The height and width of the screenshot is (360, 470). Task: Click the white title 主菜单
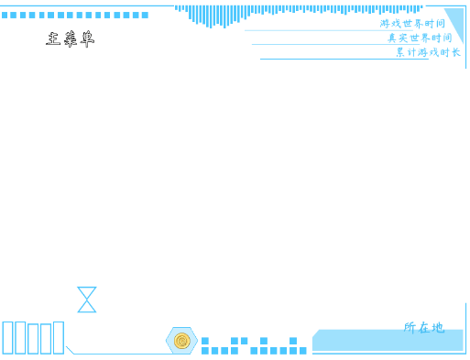tap(71, 39)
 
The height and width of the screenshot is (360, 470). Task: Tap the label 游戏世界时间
tap(412, 24)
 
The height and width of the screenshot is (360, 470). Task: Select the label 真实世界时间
tap(420, 38)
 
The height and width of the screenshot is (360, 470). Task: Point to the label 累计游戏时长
tap(428, 53)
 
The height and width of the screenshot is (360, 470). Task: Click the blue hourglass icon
tap(87, 300)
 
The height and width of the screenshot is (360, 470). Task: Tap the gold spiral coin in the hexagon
tap(181, 341)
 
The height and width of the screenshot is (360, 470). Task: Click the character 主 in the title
tap(53, 39)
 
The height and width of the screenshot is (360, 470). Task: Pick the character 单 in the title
tap(88, 39)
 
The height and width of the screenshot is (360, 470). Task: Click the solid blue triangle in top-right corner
tap(456, 22)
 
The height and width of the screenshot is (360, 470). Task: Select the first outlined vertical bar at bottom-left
tap(7, 337)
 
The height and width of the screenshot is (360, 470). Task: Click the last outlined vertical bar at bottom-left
tap(59, 337)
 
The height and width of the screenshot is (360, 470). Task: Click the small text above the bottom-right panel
tap(423, 326)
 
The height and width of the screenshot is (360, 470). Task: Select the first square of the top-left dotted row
tap(5, 15)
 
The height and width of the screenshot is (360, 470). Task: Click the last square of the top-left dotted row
tap(145, 15)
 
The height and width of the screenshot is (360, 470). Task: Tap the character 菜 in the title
tap(71, 39)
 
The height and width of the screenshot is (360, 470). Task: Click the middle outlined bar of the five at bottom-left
tap(33, 338)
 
